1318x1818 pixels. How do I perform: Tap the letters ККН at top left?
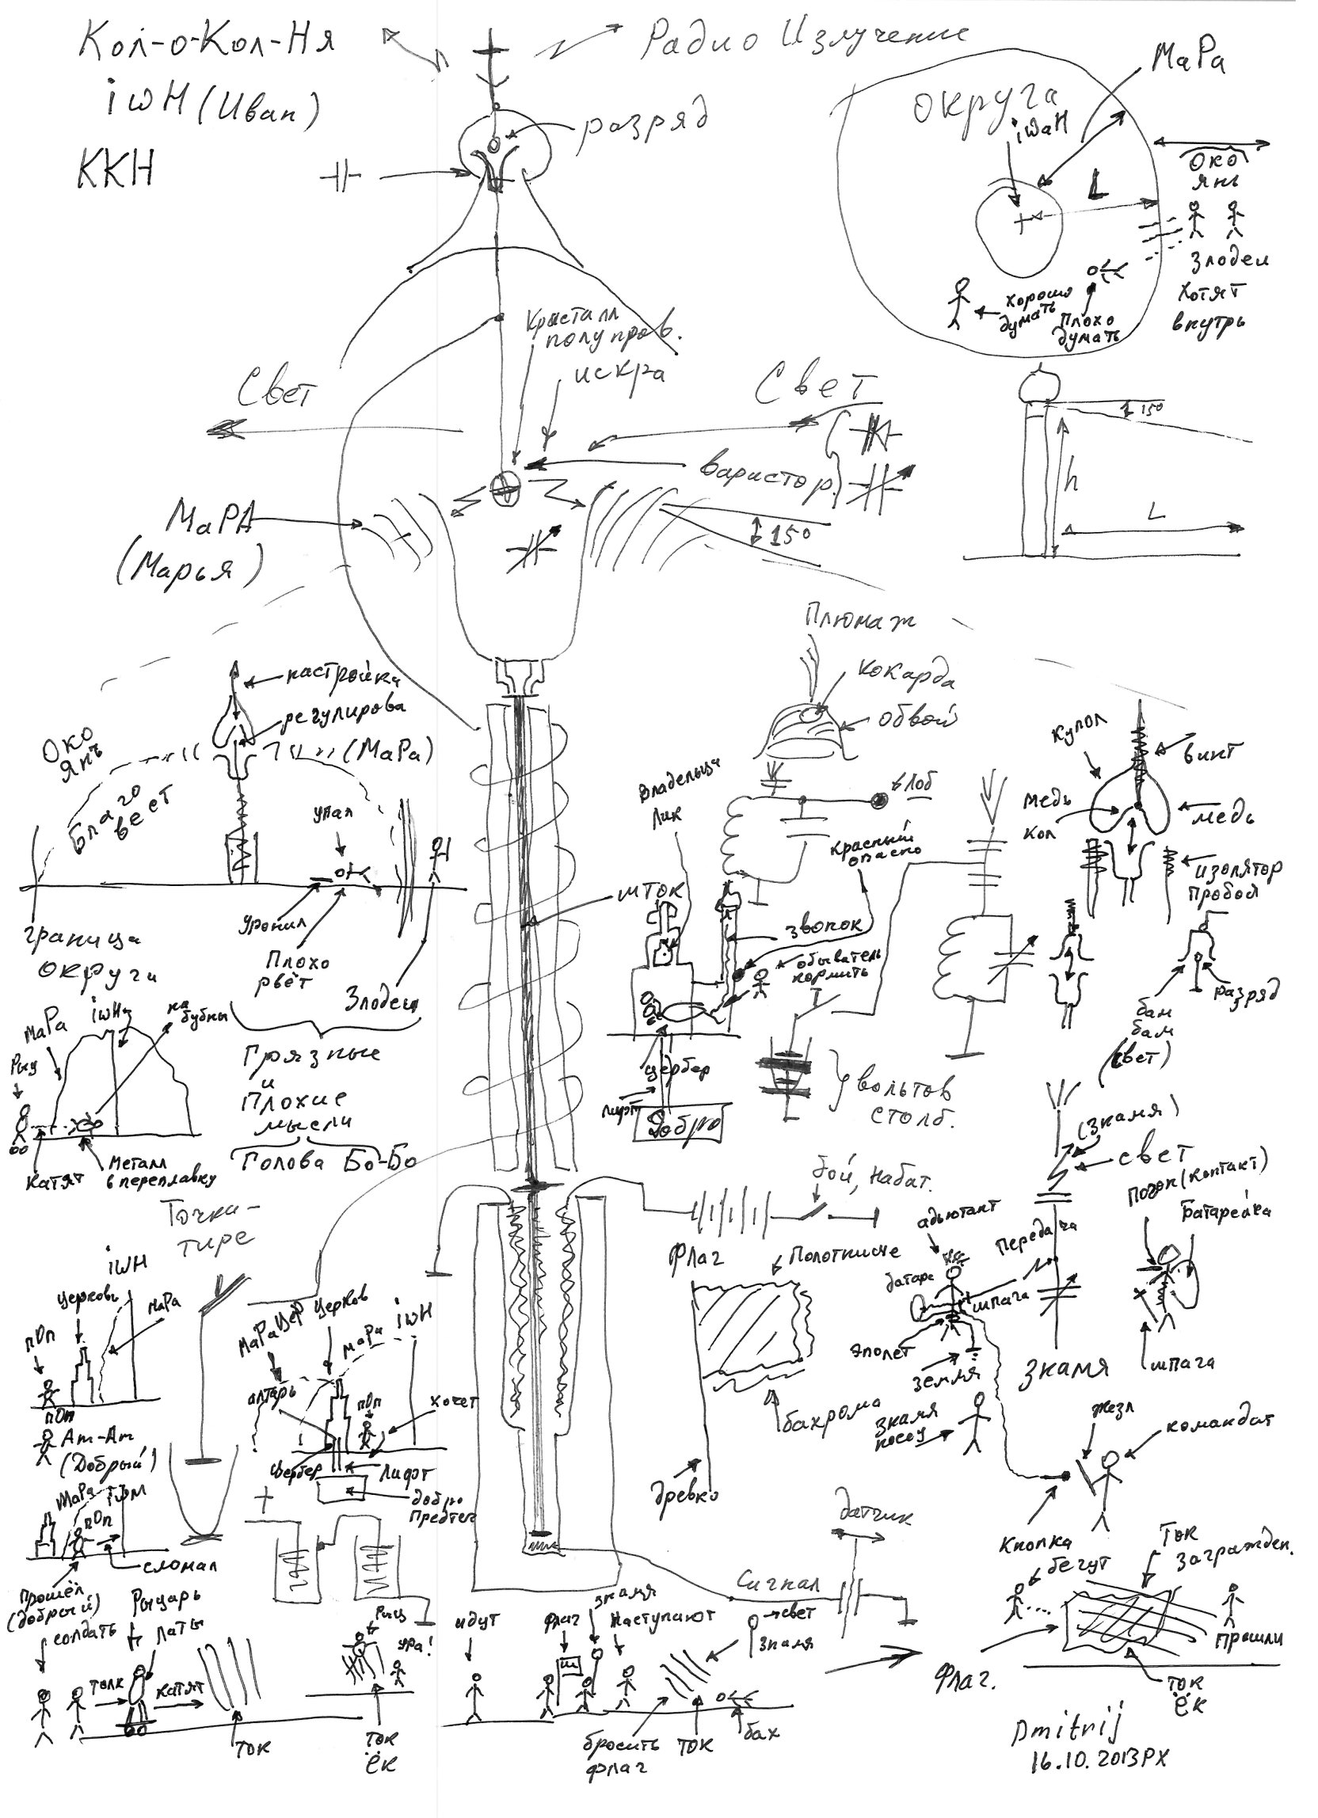[116, 170]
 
